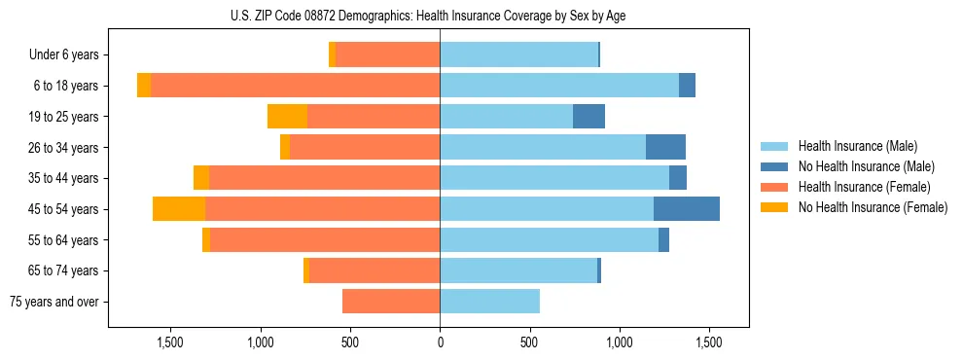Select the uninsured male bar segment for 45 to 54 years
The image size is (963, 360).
(687, 209)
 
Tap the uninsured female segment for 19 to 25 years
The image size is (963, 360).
(287, 117)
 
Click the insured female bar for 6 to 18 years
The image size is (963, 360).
(295, 86)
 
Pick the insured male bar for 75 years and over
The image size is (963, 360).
(489, 302)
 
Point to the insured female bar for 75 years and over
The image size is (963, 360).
(391, 302)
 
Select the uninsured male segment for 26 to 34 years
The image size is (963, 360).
(665, 148)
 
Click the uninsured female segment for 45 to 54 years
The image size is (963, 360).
(179, 209)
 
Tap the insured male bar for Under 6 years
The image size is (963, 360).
(518, 55)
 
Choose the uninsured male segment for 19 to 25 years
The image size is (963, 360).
(588, 117)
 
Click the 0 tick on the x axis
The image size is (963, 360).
(440, 342)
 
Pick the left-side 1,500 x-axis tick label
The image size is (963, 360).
(170, 342)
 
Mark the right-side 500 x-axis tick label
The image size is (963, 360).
(529, 342)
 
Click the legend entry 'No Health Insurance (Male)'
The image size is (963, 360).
(866, 166)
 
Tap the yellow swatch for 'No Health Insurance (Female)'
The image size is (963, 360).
(775, 207)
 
